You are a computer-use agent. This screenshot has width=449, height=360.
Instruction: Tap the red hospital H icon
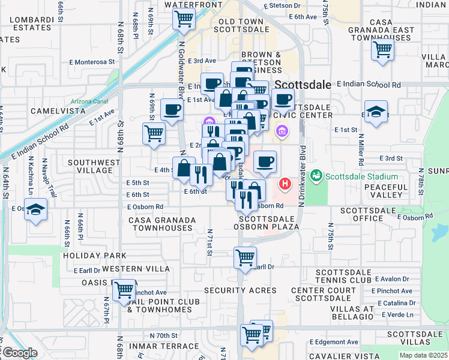click(x=286, y=183)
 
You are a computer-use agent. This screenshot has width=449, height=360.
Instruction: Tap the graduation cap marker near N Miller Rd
click(x=376, y=113)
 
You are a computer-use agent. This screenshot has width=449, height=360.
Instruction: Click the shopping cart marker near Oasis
click(x=124, y=291)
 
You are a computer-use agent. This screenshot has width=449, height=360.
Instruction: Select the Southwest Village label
click(x=90, y=166)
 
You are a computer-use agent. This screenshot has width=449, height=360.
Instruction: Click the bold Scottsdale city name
click(x=304, y=85)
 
